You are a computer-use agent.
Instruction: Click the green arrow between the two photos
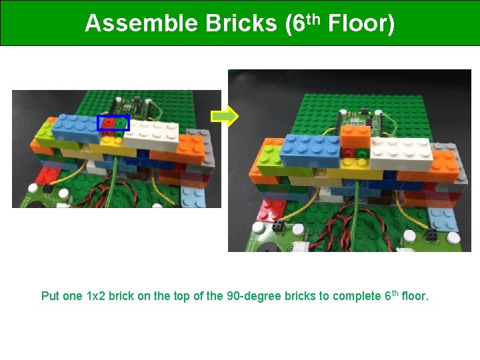point(225,117)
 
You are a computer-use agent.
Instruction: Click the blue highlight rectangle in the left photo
point(113,123)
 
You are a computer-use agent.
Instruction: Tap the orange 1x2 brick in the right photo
point(355,137)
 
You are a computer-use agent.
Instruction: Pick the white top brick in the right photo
point(400,152)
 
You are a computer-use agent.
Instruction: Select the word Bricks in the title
point(241,24)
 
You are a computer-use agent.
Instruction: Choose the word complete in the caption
point(353,296)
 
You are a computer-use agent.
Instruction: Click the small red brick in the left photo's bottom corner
point(48,175)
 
